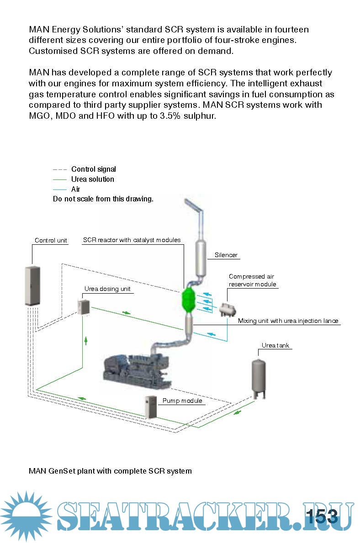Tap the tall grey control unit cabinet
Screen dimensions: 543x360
pos(31,285)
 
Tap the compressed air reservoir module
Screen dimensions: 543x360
pos(227,309)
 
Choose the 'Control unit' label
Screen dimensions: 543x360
pos(51,241)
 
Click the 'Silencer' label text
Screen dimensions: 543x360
pos(226,255)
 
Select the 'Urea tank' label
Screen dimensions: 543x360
pos(275,345)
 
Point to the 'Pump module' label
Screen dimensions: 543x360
pos(182,401)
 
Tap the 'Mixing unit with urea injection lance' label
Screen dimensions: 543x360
pos(288,321)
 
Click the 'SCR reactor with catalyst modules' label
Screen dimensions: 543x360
pos(132,240)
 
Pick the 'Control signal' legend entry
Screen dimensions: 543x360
pos(93,169)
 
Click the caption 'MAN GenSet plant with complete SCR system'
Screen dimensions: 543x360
pos(110,471)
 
